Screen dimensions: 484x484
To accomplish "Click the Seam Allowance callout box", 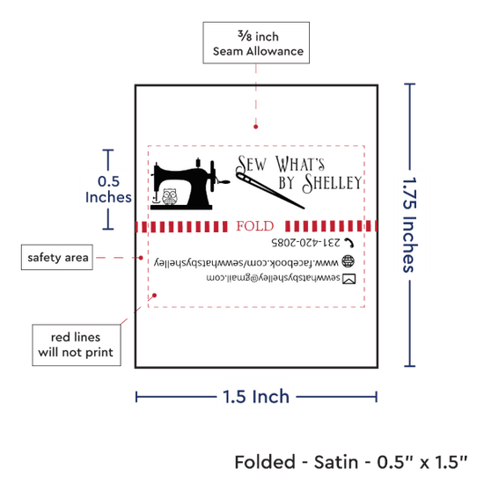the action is (x=256, y=43).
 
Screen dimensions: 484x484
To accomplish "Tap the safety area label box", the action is (x=57, y=257).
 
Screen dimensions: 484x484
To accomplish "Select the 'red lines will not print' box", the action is (x=77, y=345).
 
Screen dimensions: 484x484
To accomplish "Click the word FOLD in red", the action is (x=255, y=226).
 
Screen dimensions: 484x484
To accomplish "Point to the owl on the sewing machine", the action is (x=169, y=196).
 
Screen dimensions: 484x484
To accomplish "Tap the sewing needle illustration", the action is (x=270, y=191).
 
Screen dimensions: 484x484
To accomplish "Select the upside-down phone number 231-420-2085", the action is (x=305, y=243).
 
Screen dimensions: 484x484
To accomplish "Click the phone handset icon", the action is (x=348, y=243).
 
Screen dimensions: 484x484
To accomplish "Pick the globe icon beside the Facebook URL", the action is (x=348, y=261).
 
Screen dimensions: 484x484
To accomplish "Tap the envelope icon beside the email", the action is (x=349, y=279).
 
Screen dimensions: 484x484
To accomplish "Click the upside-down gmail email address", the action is (x=273, y=278).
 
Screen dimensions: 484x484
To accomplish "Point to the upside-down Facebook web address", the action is (x=246, y=262).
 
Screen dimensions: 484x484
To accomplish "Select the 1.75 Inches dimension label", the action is (x=410, y=225).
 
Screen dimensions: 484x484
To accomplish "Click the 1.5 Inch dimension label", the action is (x=256, y=396).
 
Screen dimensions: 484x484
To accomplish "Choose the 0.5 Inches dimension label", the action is (x=108, y=189).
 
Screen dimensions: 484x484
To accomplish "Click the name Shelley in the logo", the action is (x=332, y=183).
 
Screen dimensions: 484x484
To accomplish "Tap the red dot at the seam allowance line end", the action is (x=255, y=127).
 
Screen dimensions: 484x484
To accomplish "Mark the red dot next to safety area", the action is (x=141, y=258).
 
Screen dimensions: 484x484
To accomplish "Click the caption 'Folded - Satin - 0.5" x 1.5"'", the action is (x=351, y=462).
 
